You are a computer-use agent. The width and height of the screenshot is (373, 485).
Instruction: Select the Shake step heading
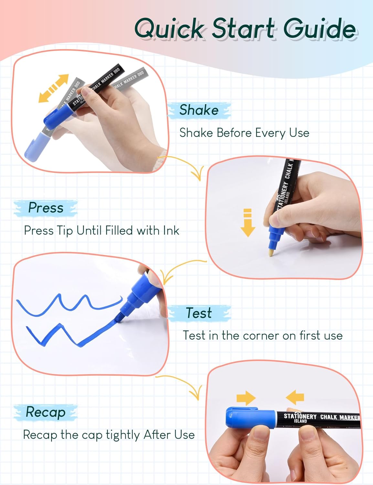point(199,110)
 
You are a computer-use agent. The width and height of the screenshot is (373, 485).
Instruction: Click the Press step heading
point(46,208)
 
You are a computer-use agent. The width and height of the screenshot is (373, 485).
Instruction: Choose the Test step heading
point(199,313)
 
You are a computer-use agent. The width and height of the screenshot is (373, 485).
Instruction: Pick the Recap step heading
point(46,412)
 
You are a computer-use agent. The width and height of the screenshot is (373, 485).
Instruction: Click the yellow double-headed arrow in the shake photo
point(54,89)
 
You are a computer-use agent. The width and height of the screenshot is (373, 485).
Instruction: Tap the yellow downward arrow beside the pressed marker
point(248,223)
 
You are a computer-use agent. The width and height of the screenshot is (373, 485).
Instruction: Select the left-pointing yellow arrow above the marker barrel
point(295,397)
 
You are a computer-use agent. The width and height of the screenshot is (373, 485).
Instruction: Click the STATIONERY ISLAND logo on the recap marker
point(300,418)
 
